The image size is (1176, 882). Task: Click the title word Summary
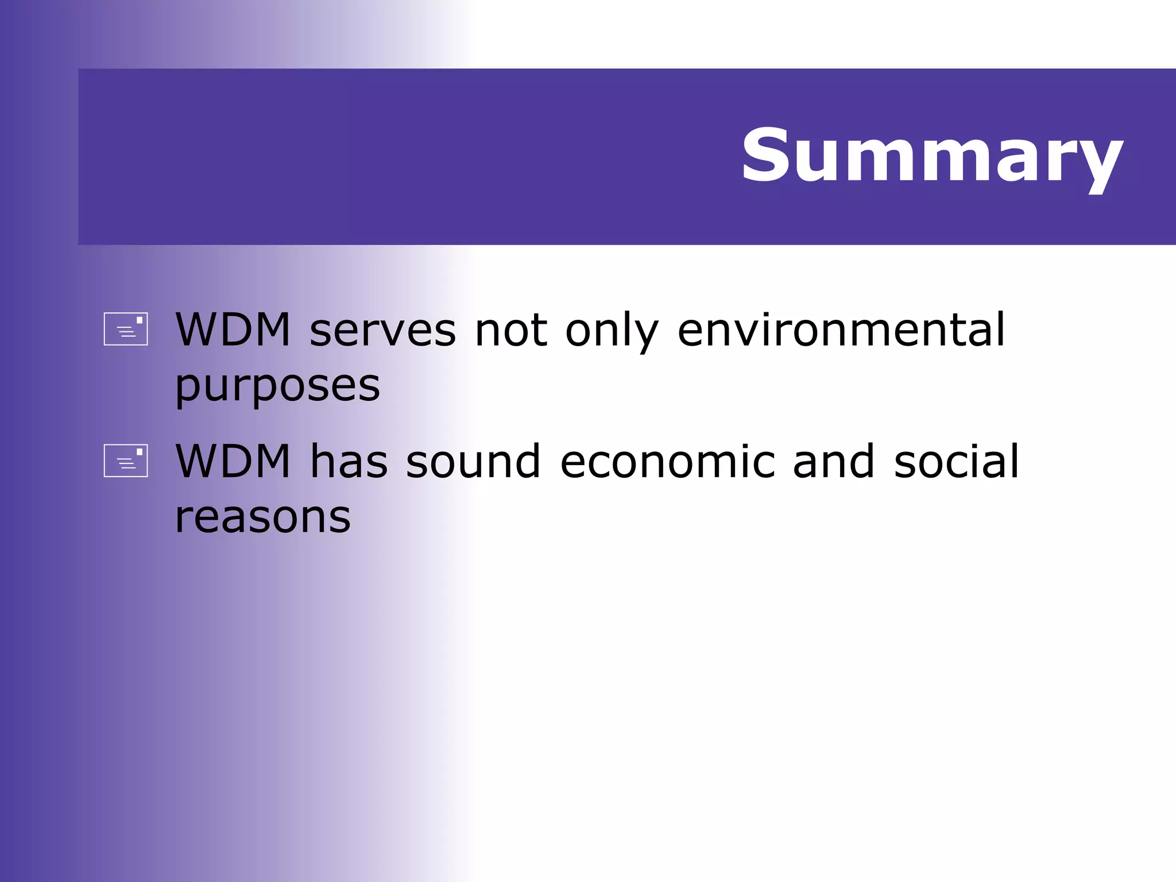point(931,156)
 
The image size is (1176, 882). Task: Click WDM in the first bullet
point(233,330)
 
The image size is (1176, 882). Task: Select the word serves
point(382,332)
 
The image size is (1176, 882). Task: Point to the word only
point(612,332)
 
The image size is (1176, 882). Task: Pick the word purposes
point(277,386)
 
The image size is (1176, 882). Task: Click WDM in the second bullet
point(233,462)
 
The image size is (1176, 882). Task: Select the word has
point(349,462)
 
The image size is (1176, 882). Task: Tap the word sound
point(473,462)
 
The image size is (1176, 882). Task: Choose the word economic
point(667,462)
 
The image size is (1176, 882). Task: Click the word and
point(833,462)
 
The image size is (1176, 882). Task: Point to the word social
point(956,462)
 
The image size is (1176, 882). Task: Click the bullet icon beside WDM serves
point(126,329)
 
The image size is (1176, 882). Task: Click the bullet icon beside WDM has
point(126,461)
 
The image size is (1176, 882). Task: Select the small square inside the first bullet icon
point(139,320)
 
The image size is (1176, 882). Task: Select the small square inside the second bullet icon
point(139,452)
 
